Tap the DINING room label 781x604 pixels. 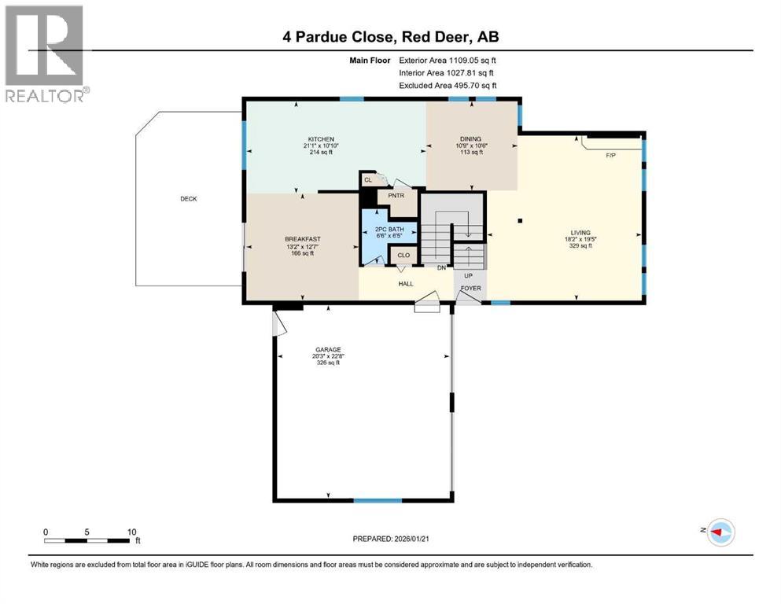pyautogui.click(x=470, y=139)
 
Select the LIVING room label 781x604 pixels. pyautogui.click(x=580, y=233)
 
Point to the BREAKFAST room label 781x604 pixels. pyautogui.click(x=302, y=239)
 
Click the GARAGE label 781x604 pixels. pyautogui.click(x=328, y=349)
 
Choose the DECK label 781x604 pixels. pyautogui.click(x=188, y=199)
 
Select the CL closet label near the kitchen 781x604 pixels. pyautogui.click(x=367, y=180)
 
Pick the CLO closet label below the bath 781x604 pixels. pyautogui.click(x=403, y=256)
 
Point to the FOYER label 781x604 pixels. pyautogui.click(x=471, y=288)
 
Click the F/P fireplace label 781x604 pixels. pyautogui.click(x=610, y=156)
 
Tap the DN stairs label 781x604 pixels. pyautogui.click(x=442, y=267)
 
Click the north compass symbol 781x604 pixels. pyautogui.click(x=719, y=532)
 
